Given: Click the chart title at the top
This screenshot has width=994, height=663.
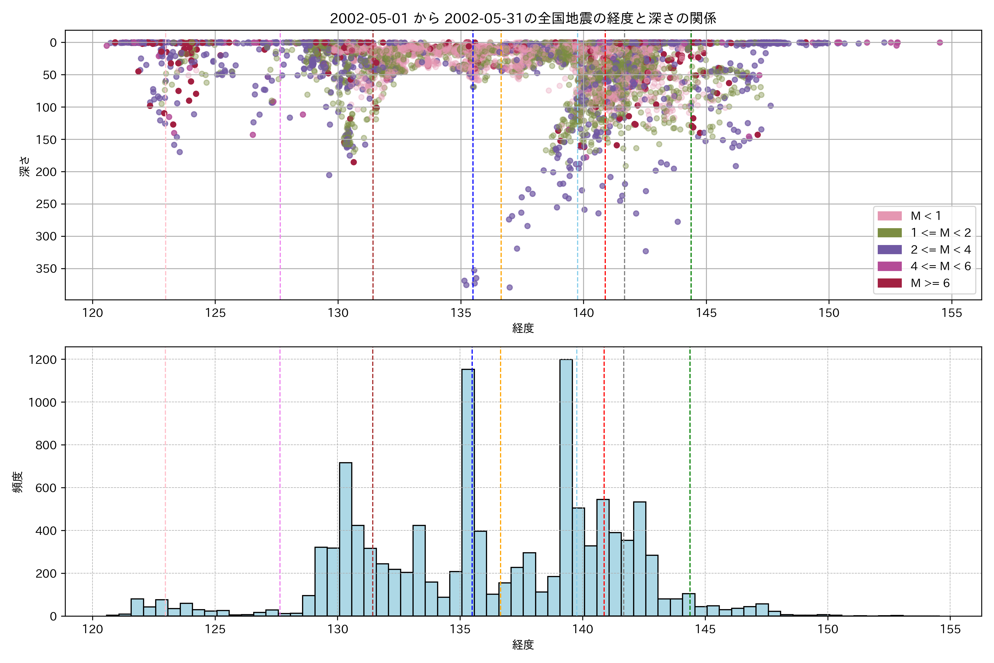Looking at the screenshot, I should (x=523, y=19).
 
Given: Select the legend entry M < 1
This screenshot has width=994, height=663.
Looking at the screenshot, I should (x=926, y=216).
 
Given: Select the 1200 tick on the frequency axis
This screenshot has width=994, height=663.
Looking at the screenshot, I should (x=42, y=360).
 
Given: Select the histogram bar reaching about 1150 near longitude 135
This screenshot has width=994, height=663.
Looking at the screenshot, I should (x=468, y=493).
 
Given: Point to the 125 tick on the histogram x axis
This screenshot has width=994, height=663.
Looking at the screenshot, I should (x=215, y=630).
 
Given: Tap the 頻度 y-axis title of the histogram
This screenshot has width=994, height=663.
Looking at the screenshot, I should (x=18, y=482).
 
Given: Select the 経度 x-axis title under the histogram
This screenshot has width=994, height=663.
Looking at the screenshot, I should (x=523, y=645).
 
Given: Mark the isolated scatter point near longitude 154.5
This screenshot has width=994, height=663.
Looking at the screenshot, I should (x=940, y=42).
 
